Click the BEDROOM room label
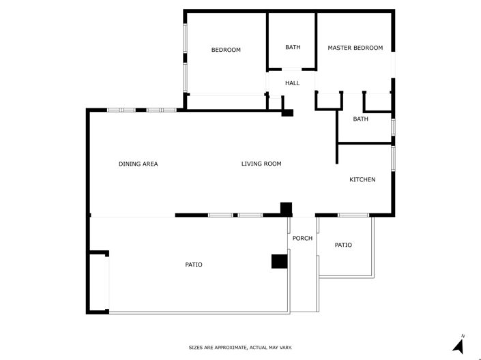coord(226,50)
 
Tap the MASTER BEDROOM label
coord(355,48)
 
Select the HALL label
coord(292,83)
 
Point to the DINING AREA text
coord(138,164)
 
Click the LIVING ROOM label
coord(261,164)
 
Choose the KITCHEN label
coord(362,179)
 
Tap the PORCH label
coord(302,238)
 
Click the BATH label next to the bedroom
coord(293,47)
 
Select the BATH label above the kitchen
coord(360,119)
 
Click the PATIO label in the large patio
coord(194,265)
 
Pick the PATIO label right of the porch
coord(343,245)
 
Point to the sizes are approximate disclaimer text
coord(240,348)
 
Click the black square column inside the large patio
coord(278,261)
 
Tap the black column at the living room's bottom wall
coord(287,209)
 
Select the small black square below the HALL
coord(288,112)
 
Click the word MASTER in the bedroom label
coord(339,48)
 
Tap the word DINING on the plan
coord(129,164)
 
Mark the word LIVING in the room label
coord(251,164)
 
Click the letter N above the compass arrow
coord(463,335)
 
